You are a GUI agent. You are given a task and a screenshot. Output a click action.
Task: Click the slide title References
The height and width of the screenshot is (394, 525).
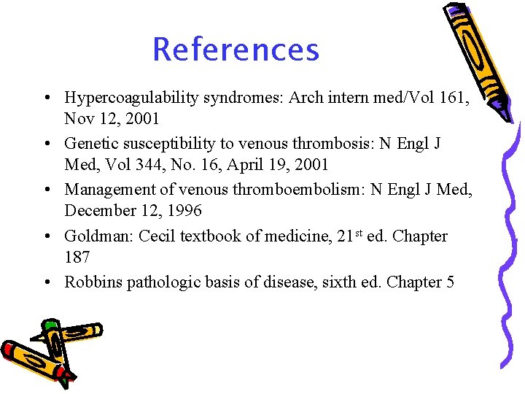(236, 50)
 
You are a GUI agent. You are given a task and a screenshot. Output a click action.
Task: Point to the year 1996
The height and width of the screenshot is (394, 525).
(184, 212)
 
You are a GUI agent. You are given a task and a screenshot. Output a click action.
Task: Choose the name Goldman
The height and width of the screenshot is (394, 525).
(91, 236)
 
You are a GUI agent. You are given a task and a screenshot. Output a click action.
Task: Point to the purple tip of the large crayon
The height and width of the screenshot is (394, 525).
(502, 110)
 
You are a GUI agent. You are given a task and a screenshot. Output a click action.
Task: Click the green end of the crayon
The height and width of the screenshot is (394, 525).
(50, 325)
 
